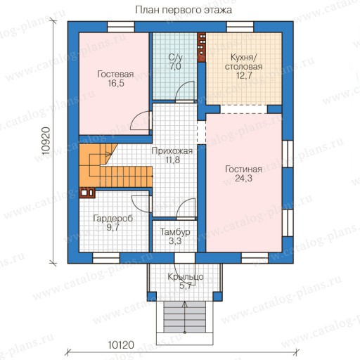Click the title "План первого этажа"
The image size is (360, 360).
click(x=184, y=10)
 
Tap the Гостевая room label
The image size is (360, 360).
click(x=115, y=75)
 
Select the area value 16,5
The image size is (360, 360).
click(x=116, y=84)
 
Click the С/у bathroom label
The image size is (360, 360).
click(x=175, y=58)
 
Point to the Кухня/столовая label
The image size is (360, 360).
click(x=243, y=62)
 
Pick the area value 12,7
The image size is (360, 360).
click(x=244, y=75)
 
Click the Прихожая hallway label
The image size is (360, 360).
click(x=172, y=151)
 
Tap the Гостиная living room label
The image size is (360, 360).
click(x=243, y=169)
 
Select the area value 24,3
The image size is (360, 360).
click(x=244, y=179)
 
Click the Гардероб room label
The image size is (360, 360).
click(x=113, y=218)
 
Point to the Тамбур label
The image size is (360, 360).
click(x=175, y=232)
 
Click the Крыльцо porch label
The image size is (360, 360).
click(x=186, y=277)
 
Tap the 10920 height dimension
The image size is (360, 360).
click(x=46, y=141)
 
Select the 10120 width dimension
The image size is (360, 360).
click(x=121, y=345)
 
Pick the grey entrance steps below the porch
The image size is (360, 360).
click(x=185, y=316)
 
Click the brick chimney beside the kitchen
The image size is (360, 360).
click(x=202, y=47)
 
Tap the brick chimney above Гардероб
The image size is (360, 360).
click(x=87, y=193)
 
